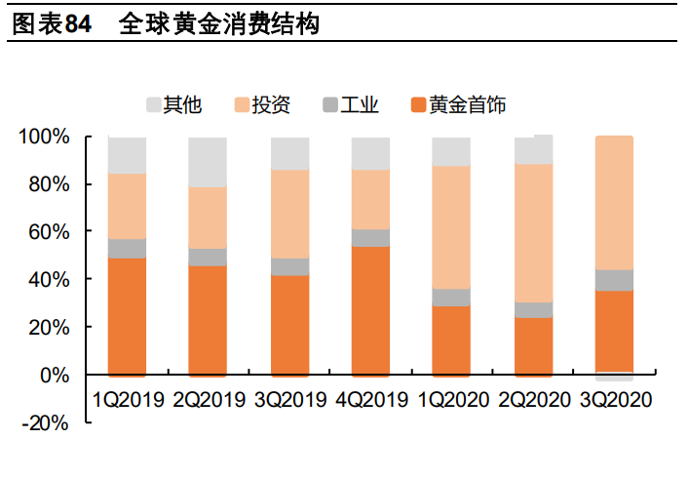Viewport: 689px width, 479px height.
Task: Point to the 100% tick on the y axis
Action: [45, 137]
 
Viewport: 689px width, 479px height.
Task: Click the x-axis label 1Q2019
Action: [128, 399]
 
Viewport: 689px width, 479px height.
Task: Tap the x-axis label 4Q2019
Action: [370, 399]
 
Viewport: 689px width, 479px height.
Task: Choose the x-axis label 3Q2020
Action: [614, 399]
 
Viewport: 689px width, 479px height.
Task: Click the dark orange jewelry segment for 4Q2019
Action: [370, 311]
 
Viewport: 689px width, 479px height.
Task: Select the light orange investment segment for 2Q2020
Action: [533, 233]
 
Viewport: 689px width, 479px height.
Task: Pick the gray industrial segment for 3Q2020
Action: [614, 280]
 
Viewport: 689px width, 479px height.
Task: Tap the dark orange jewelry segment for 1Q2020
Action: [451, 340]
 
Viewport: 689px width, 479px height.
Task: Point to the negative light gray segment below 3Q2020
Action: [614, 378]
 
